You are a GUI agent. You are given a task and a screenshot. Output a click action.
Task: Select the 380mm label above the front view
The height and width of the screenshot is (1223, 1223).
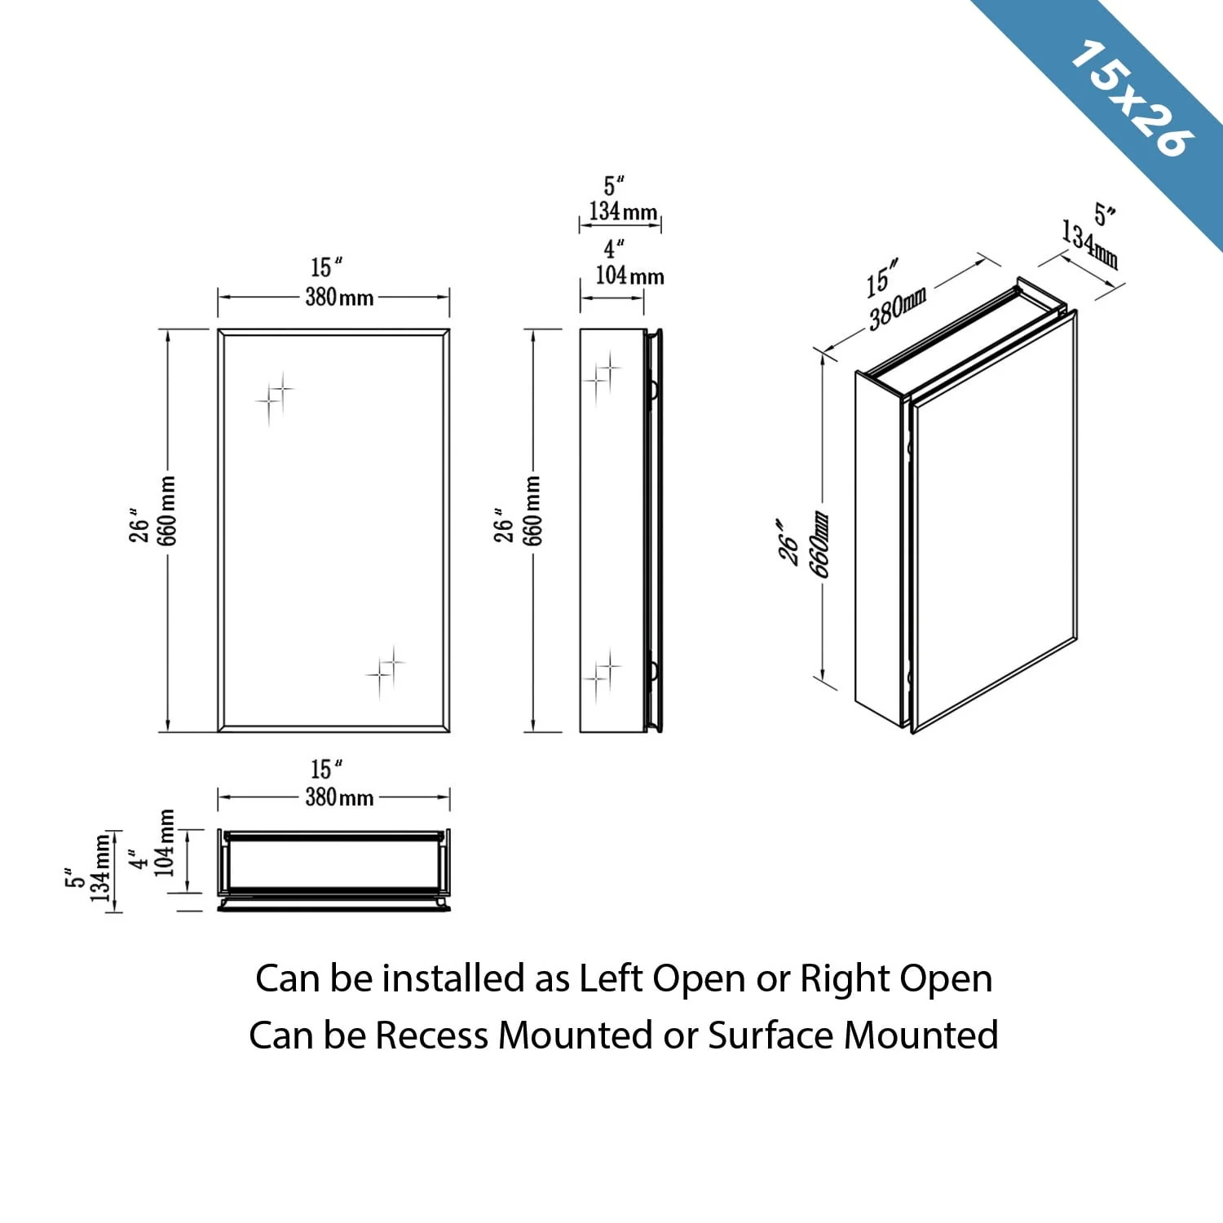[339, 297]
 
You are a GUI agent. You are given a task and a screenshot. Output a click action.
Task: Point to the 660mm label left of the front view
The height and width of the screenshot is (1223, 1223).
[167, 511]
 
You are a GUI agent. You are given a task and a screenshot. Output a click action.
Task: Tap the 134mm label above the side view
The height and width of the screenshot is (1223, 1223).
[623, 212]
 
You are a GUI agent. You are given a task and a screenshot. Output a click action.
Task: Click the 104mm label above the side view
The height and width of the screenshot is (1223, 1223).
[629, 276]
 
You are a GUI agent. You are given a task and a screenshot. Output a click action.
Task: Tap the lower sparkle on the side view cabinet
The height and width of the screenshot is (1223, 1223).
[602, 674]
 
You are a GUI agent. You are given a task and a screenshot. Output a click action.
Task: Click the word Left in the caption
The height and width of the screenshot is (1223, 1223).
[611, 978]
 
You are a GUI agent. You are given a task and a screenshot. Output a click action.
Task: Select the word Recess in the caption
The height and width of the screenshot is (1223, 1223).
[432, 1035]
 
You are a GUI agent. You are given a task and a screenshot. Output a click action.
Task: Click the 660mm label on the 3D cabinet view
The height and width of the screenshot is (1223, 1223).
[819, 544]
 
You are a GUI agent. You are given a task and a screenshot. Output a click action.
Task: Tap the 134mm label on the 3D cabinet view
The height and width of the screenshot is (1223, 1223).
[1089, 244]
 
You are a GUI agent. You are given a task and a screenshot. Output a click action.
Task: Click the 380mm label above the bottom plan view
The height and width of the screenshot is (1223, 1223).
[339, 797]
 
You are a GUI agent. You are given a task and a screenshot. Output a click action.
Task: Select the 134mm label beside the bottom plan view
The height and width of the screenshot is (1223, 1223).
[100, 868]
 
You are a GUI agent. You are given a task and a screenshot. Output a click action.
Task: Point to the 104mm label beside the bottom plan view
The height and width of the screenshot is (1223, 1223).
[166, 843]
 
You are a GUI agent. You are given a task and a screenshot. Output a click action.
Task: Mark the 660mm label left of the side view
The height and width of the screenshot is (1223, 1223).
[532, 511]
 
